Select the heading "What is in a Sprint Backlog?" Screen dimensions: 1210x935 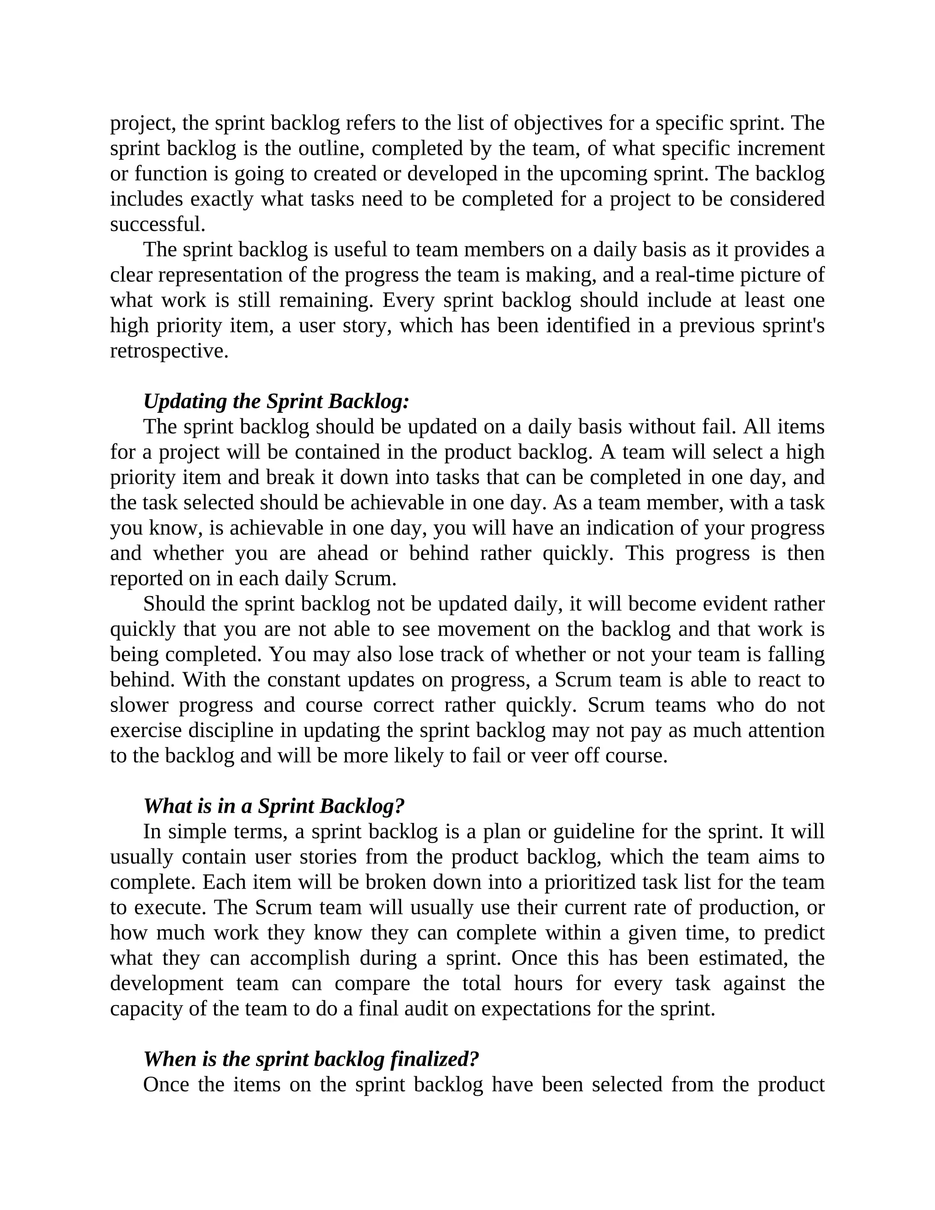(273, 806)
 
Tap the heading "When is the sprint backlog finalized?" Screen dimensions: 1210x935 (311, 1059)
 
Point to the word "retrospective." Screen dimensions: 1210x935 (169, 351)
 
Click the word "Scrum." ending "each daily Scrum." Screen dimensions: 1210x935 (366, 579)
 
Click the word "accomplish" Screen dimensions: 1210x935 (299, 958)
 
